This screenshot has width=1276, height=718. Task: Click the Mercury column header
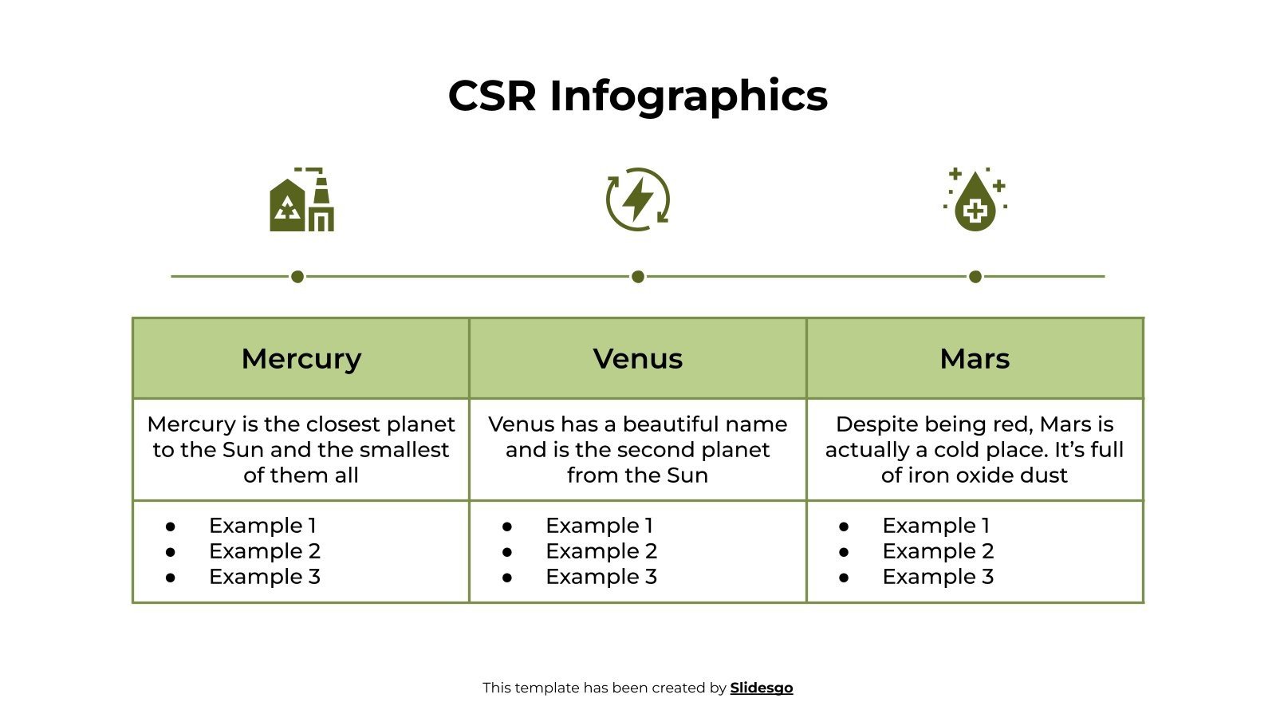pos(301,359)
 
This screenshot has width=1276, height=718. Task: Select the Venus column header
pos(638,359)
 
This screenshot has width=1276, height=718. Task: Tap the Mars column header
pos(975,359)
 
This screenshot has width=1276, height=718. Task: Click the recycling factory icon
pos(301,200)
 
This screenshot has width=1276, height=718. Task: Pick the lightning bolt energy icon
pos(638,199)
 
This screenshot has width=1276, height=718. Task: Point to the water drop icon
pos(975,200)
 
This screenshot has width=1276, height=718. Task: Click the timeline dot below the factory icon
pos(297,277)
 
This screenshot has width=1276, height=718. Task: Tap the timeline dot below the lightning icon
pos(638,277)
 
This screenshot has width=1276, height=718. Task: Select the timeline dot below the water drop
pos(975,277)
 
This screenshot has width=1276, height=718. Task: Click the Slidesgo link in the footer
pos(762,688)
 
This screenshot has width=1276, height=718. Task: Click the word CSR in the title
pos(492,96)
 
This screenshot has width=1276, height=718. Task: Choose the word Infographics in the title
pos(689,96)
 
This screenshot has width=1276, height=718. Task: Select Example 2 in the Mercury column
pos(264,551)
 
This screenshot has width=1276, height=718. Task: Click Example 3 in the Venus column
pos(601,577)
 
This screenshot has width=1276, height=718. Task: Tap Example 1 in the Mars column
pos(935,526)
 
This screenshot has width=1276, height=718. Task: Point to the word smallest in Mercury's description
pos(404,450)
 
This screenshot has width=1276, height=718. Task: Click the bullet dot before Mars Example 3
pos(844,578)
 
